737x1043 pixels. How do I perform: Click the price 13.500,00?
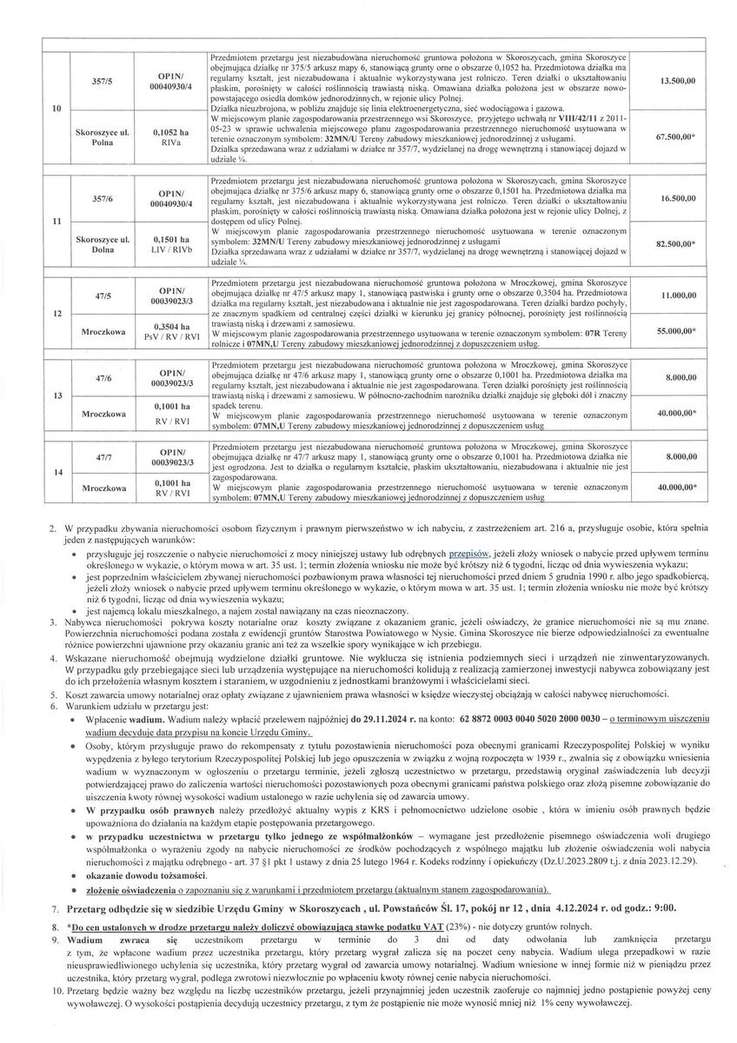click(679, 81)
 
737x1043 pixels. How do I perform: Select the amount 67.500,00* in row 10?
click(680, 137)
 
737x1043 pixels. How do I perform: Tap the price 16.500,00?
click(679, 199)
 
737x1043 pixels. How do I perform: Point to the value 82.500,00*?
click(680, 246)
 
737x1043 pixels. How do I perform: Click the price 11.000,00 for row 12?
click(679, 296)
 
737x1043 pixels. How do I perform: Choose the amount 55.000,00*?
click(680, 332)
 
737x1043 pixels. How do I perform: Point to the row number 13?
click(56, 395)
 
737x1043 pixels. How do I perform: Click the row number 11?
click(56, 222)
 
